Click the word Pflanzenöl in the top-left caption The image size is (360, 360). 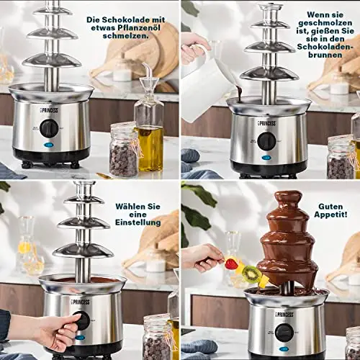(138, 27)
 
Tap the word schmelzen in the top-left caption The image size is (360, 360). (125, 35)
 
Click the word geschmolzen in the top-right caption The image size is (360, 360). (325, 23)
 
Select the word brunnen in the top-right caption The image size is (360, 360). (325, 55)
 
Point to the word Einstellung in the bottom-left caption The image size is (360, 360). (138, 222)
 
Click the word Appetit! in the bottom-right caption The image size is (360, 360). (330, 215)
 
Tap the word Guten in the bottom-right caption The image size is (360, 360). (330, 206)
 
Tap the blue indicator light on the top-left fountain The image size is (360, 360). (48, 145)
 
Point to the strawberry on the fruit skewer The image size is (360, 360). (232, 264)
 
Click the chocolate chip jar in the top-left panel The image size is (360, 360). (124, 150)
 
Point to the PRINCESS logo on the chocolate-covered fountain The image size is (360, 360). (283, 314)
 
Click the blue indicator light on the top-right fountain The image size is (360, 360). (266, 158)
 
